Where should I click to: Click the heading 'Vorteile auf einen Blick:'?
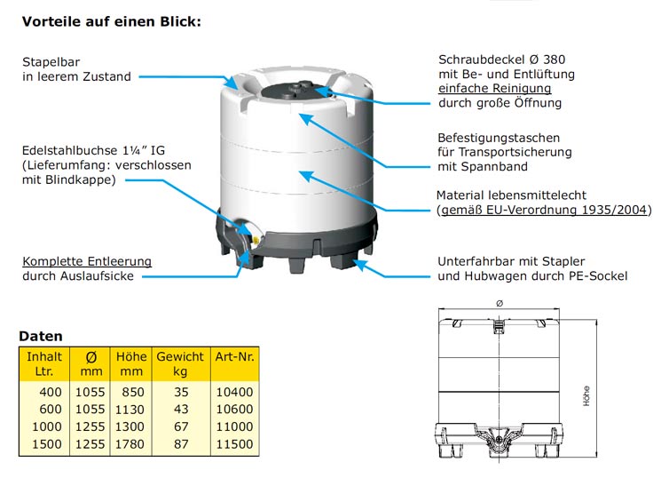(112, 21)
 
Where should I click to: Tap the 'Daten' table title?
(41, 336)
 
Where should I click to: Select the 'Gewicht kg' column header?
(180, 364)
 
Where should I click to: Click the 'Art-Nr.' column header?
(235, 357)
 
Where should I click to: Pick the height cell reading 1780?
(130, 444)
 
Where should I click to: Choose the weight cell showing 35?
(181, 392)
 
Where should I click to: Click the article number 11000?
(234, 426)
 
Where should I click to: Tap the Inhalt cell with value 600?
(51, 410)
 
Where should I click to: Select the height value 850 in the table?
(133, 392)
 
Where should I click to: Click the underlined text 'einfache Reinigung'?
(495, 88)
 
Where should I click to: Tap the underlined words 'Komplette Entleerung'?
(87, 261)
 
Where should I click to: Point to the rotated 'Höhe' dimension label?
(586, 396)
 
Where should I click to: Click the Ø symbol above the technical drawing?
(500, 303)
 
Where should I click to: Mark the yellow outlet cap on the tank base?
(256, 241)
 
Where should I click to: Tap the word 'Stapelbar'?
(51, 62)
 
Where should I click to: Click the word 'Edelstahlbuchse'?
(69, 151)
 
